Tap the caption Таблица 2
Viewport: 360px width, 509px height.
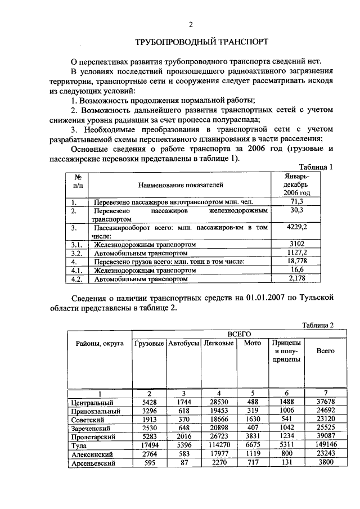click(x=318, y=325)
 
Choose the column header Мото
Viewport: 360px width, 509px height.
click(x=253, y=343)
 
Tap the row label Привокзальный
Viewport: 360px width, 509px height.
click(x=93, y=411)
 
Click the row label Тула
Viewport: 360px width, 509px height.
click(x=80, y=445)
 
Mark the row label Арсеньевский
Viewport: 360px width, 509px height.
click(x=93, y=463)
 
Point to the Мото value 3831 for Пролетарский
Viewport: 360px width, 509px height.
click(x=251, y=436)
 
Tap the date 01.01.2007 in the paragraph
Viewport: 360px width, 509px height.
click(x=266, y=298)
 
